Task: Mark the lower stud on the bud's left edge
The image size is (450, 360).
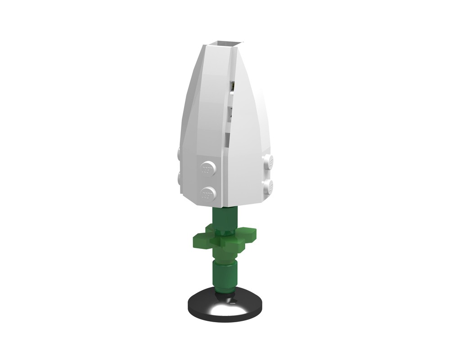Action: coord(179,175)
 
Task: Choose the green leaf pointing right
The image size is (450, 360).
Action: coord(250,234)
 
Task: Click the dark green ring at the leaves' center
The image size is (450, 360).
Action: coord(225,232)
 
